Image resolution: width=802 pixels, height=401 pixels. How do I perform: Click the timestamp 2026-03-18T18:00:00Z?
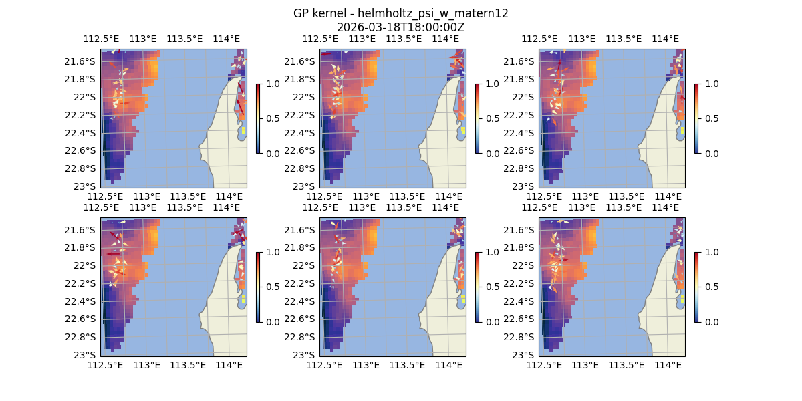[x=400, y=27]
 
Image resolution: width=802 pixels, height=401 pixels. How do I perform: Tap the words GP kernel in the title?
[x=318, y=13]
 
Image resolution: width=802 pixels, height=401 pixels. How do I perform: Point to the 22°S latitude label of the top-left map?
[x=85, y=97]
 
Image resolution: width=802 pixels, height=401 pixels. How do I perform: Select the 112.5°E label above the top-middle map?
[x=320, y=39]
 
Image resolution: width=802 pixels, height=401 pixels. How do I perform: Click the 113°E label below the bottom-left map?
[x=147, y=365]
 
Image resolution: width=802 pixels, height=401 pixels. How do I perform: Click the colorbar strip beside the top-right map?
[x=696, y=118]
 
